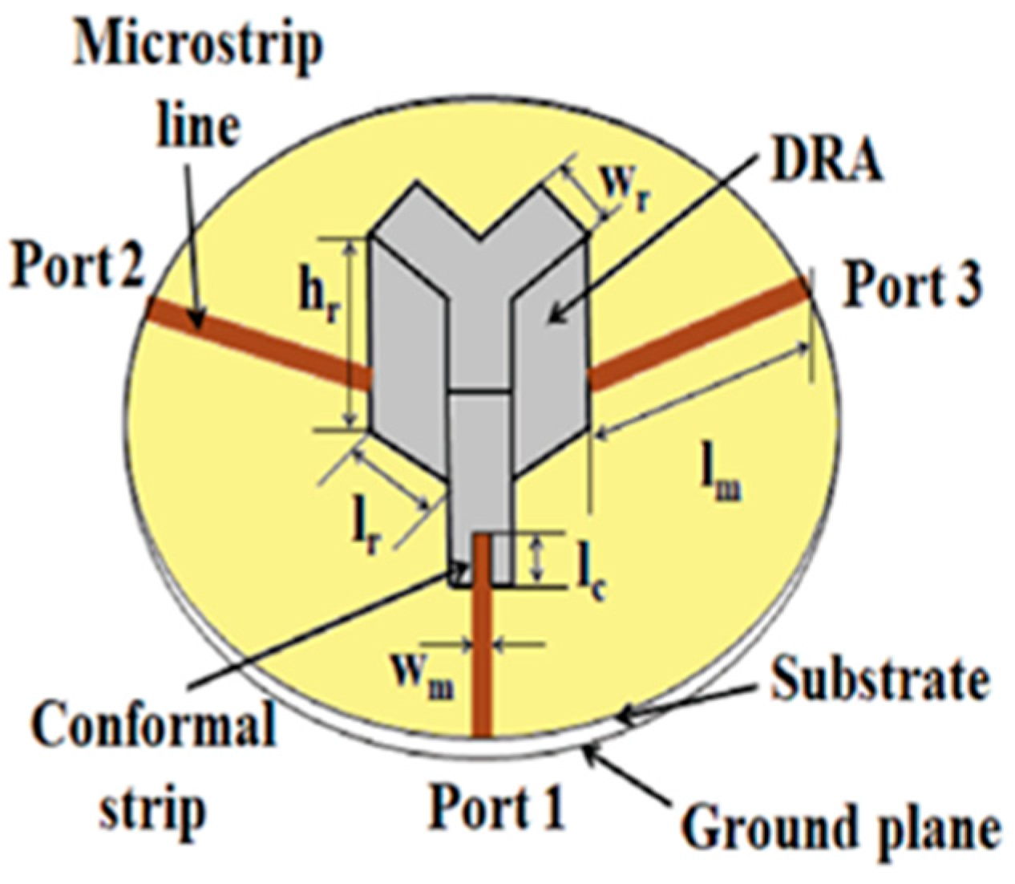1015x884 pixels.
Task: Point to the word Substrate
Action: [x=878, y=681]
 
